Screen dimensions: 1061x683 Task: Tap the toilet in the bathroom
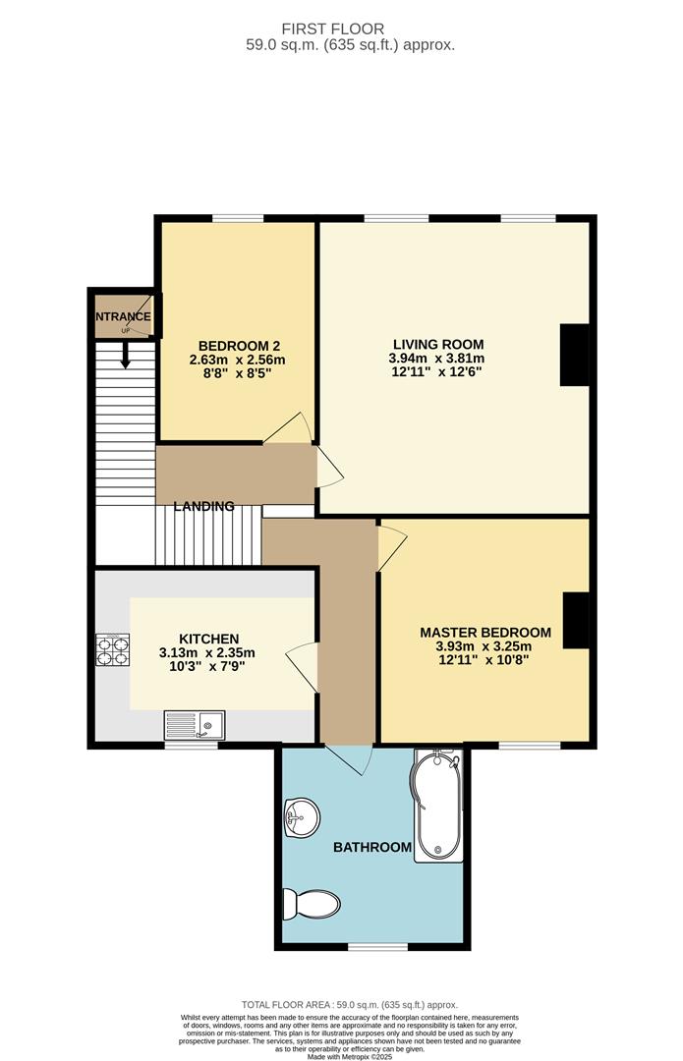pyautogui.click(x=310, y=902)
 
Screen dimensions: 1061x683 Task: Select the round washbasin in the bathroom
pyautogui.click(x=301, y=815)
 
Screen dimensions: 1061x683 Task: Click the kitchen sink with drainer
pyautogui.click(x=195, y=725)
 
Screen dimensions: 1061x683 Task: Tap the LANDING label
pyautogui.click(x=204, y=507)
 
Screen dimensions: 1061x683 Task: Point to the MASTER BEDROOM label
pyautogui.click(x=485, y=632)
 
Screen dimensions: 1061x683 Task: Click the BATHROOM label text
pyautogui.click(x=371, y=847)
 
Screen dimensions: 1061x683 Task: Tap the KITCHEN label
pyautogui.click(x=208, y=639)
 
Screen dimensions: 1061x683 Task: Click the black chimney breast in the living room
pyautogui.click(x=574, y=355)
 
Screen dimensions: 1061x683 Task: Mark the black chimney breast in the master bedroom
pyautogui.click(x=575, y=620)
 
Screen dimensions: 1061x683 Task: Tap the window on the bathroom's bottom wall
pyautogui.click(x=378, y=946)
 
